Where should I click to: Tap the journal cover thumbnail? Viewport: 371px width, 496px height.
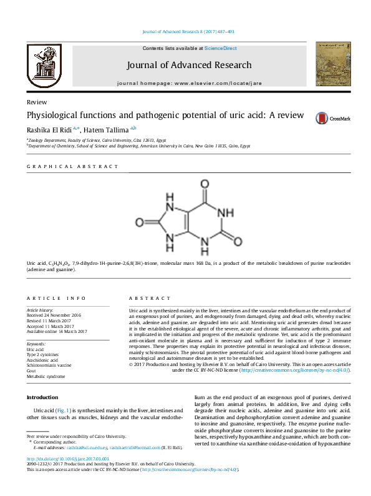(x=329, y=65)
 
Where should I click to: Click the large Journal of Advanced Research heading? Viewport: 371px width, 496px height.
(x=189, y=65)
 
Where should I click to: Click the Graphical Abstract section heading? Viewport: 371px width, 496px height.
(x=72, y=167)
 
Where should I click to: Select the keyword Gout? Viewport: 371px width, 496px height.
(x=32, y=370)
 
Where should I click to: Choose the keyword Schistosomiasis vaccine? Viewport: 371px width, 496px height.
(x=49, y=365)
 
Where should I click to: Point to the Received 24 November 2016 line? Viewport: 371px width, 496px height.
(x=54, y=315)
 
